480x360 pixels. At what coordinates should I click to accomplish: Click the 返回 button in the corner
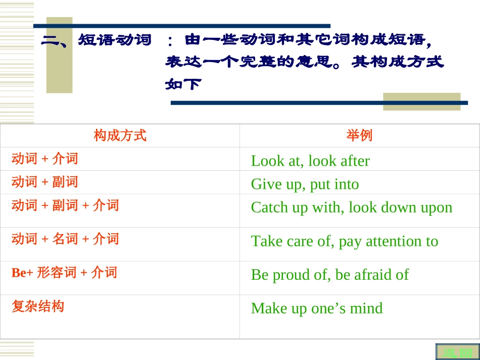pyautogui.click(x=457, y=352)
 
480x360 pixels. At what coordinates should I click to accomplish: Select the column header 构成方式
pyautogui.click(x=120, y=135)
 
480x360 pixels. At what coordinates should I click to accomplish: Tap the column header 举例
pyautogui.click(x=359, y=135)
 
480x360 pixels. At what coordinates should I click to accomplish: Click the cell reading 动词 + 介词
pyautogui.click(x=45, y=159)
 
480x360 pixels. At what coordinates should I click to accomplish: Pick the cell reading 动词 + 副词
pyautogui.click(x=45, y=182)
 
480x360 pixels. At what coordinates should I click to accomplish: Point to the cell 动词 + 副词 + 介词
pyautogui.click(x=65, y=205)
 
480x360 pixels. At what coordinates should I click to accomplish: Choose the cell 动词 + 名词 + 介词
pyautogui.click(x=65, y=238)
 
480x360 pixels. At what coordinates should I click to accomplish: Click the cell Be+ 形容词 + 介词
pyautogui.click(x=64, y=273)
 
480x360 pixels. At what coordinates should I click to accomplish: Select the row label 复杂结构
pyautogui.click(x=38, y=306)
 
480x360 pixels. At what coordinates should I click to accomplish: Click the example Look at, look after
pyautogui.click(x=310, y=161)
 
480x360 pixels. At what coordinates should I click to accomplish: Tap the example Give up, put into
pyautogui.click(x=305, y=184)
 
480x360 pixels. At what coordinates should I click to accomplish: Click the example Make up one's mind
pyautogui.click(x=317, y=308)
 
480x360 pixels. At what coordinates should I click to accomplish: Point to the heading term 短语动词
pyautogui.click(x=115, y=40)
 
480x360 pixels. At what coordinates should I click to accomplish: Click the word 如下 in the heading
pyautogui.click(x=183, y=84)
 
